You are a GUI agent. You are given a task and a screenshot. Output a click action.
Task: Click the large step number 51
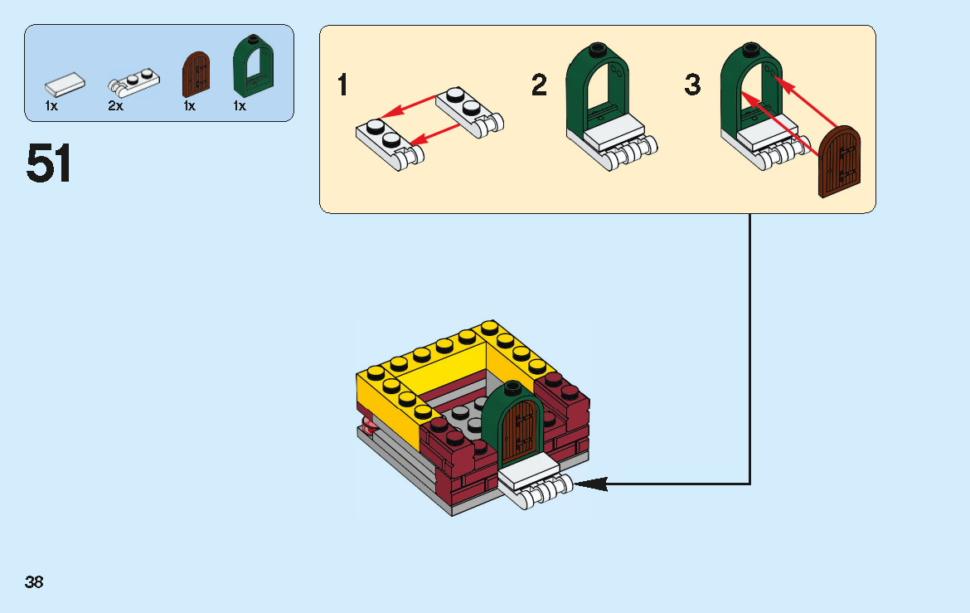(49, 163)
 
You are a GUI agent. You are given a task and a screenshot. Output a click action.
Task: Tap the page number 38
(34, 582)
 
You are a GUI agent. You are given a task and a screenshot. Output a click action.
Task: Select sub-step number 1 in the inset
(343, 85)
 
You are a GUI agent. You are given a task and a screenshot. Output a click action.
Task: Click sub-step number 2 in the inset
(540, 85)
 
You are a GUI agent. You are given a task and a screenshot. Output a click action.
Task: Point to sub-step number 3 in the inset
(692, 85)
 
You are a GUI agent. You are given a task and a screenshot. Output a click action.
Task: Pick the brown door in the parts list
(196, 74)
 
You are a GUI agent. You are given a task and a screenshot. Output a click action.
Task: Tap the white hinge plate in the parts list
(133, 81)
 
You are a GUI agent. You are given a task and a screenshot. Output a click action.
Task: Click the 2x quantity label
(115, 106)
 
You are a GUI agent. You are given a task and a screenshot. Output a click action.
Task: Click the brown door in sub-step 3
(840, 162)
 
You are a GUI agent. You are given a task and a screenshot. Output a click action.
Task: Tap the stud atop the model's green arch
(512, 386)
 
